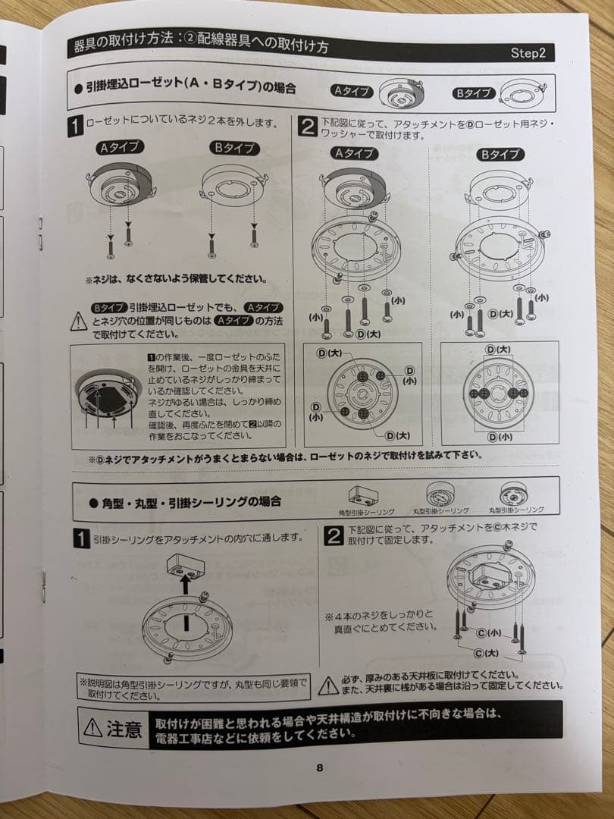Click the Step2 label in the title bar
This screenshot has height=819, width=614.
pyautogui.click(x=532, y=53)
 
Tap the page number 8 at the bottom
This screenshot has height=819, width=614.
pyautogui.click(x=320, y=767)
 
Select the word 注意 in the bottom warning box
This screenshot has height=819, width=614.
pyautogui.click(x=124, y=730)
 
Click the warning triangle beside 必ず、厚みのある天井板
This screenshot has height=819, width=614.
pyautogui.click(x=327, y=686)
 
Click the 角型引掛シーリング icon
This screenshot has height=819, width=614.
pyautogui.click(x=363, y=497)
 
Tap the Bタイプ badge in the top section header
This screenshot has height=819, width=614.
pyautogui.click(x=473, y=93)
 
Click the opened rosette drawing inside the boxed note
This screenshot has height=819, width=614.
pyautogui.click(x=108, y=394)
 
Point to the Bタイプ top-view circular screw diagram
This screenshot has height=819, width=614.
pyautogui.click(x=498, y=393)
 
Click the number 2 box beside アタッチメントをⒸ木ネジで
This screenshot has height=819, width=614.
pyautogui.click(x=334, y=536)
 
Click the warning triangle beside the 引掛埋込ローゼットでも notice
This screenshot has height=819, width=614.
pyautogui.click(x=79, y=322)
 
